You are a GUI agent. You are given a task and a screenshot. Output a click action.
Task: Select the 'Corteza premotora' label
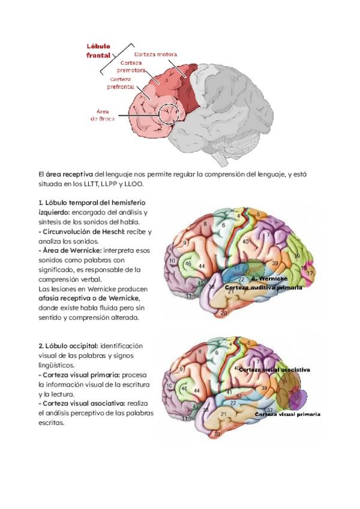point(133,66)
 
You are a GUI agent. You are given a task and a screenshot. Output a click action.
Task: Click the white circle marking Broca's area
point(169,112)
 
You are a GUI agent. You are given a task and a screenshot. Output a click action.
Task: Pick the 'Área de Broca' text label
point(103,115)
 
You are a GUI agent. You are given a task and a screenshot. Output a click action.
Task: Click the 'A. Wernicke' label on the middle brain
point(269,279)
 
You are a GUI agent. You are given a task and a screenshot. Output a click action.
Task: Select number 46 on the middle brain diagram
point(188,264)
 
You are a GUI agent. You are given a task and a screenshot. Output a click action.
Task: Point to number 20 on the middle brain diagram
point(223,313)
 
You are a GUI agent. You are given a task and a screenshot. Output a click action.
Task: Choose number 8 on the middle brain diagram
point(205,224)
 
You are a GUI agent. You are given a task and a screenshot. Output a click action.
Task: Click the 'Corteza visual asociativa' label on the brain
point(274,370)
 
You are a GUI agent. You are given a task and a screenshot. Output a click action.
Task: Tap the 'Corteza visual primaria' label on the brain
point(287,414)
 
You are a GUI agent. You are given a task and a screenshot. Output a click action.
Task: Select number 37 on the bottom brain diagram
point(270,410)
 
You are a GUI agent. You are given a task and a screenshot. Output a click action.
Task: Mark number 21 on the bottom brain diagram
point(224,414)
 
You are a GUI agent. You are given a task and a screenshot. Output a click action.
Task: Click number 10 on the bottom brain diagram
point(170,387)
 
